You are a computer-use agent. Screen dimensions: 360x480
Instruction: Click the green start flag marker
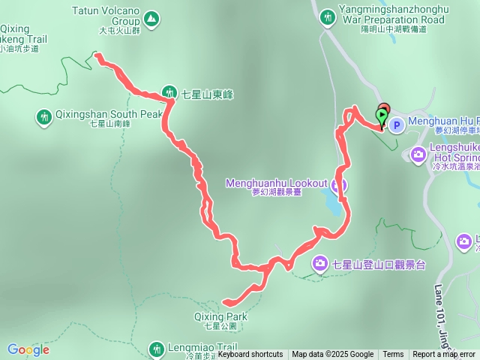pos(382,118)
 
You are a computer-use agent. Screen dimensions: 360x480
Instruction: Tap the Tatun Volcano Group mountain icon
pos(152,18)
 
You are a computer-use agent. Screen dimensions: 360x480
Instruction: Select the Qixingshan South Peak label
pos(109,115)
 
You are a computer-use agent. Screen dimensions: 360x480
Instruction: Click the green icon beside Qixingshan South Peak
pos(43,116)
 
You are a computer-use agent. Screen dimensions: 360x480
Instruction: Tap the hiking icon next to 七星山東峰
pos(169,94)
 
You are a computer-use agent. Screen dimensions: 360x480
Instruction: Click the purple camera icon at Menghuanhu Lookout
pos(340,184)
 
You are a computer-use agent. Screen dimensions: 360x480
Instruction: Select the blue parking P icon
pos(397,124)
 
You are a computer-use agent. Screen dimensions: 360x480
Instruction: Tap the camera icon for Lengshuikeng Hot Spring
pos(418,154)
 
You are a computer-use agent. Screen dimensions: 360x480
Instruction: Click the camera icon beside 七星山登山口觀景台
pos(320,263)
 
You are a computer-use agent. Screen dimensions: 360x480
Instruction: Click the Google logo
pos(28,349)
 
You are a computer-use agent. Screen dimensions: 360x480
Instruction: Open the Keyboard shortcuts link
pos(250,355)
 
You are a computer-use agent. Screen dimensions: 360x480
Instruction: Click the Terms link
pos(393,355)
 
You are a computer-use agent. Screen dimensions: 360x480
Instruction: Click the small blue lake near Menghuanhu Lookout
pos(331,200)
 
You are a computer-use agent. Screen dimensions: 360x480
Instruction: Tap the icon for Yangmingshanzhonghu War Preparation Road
pos(328,16)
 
